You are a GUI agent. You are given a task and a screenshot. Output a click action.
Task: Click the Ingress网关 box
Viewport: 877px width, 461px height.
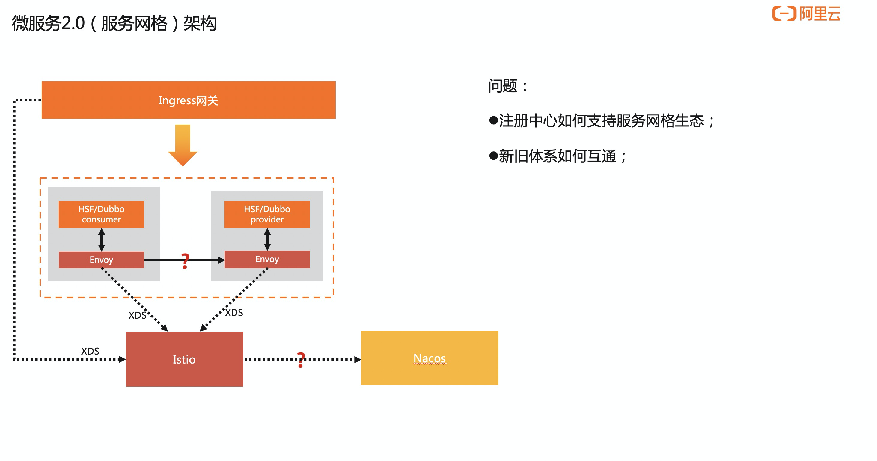[188, 100]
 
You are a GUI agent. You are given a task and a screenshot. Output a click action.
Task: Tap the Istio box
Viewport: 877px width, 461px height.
[184, 359]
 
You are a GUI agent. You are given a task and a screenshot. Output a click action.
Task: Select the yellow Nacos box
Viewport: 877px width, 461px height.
[429, 358]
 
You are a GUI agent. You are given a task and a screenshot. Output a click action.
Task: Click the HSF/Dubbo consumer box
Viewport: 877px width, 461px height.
[101, 214]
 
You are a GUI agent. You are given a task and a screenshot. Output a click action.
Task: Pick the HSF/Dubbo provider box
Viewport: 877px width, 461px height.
[267, 214]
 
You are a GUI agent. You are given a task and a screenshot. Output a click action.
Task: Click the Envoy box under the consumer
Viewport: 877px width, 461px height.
[101, 260]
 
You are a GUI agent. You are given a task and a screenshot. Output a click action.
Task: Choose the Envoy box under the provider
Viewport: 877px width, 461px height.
[267, 260]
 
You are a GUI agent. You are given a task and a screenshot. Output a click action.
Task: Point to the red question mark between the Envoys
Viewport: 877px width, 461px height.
[185, 261]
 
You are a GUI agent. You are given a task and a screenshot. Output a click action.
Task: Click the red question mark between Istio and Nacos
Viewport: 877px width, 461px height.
[301, 360]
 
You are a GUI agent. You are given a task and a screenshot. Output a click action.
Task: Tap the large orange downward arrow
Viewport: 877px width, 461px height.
[183, 145]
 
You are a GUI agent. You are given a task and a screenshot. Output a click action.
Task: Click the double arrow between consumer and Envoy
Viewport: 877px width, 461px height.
[101, 240]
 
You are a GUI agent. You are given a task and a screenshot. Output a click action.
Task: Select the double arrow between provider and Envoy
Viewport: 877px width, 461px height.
[267, 239]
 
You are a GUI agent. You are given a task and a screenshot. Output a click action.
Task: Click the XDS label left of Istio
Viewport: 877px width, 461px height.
[90, 351]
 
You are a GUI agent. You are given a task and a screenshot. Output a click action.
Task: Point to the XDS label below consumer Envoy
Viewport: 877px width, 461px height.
[137, 315]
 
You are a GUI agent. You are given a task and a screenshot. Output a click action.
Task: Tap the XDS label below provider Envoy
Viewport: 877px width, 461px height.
[234, 313]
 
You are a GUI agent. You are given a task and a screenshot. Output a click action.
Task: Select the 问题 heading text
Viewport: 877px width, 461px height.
[503, 86]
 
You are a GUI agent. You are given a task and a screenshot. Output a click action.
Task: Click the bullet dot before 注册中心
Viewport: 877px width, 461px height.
[493, 120]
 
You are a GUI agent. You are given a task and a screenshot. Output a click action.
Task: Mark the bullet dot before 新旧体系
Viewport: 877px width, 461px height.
[493, 156]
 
